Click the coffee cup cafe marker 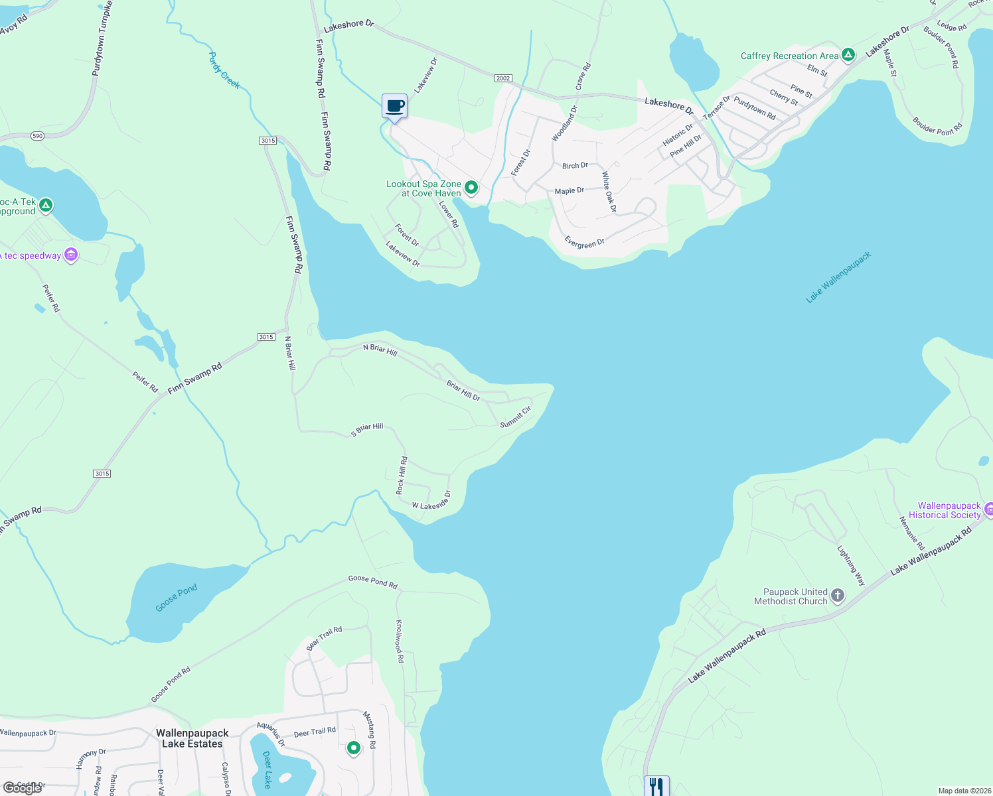point(394,106)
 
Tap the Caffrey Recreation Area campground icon point(848,55)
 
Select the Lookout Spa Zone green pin point(471,188)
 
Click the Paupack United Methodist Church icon point(838,596)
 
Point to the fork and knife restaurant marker point(656,787)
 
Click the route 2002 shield point(503,78)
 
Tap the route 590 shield point(37,136)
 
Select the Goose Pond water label point(177,598)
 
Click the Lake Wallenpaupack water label point(838,278)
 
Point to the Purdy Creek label point(224,70)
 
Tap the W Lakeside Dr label point(431,501)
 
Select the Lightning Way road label point(851,565)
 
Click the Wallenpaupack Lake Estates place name point(192,738)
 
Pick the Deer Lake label point(267,769)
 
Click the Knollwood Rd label point(400,641)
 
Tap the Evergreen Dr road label point(585,243)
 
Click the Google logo point(23,788)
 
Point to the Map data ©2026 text point(962,791)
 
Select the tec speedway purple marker point(72,255)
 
